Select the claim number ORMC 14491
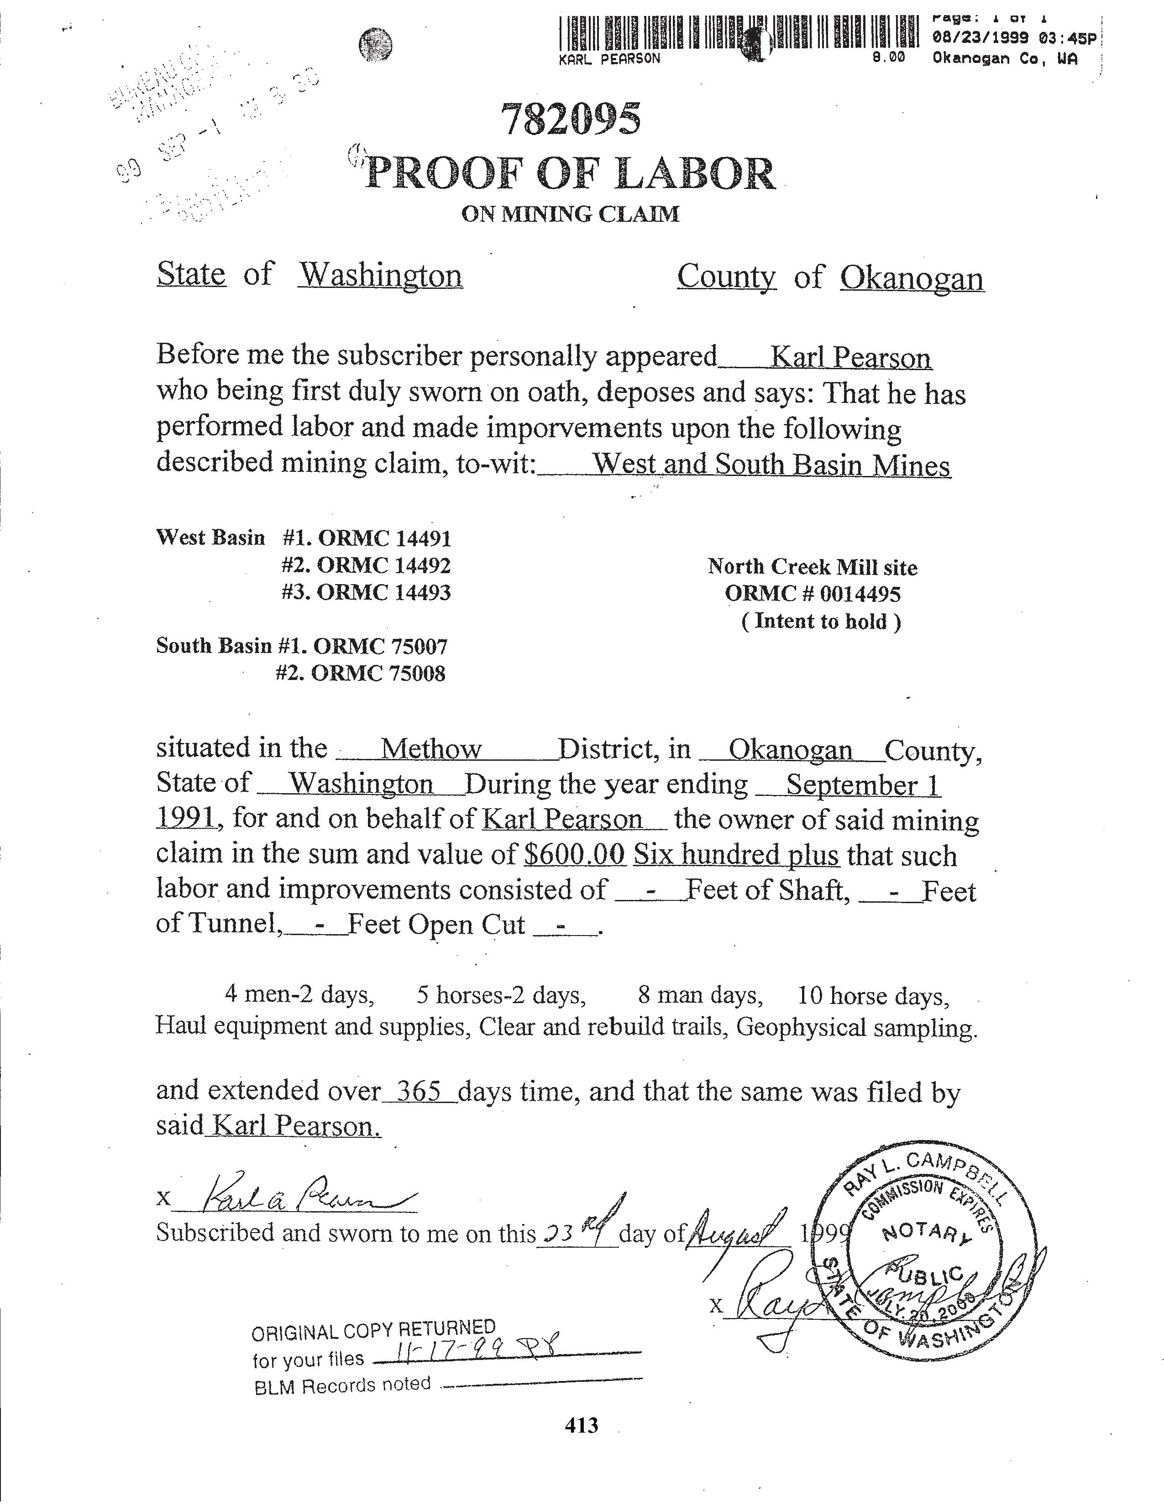[x=384, y=538]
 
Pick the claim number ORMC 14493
[x=384, y=592]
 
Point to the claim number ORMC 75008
[x=378, y=673]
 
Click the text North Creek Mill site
[x=813, y=568]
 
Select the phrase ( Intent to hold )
[x=821, y=621]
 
